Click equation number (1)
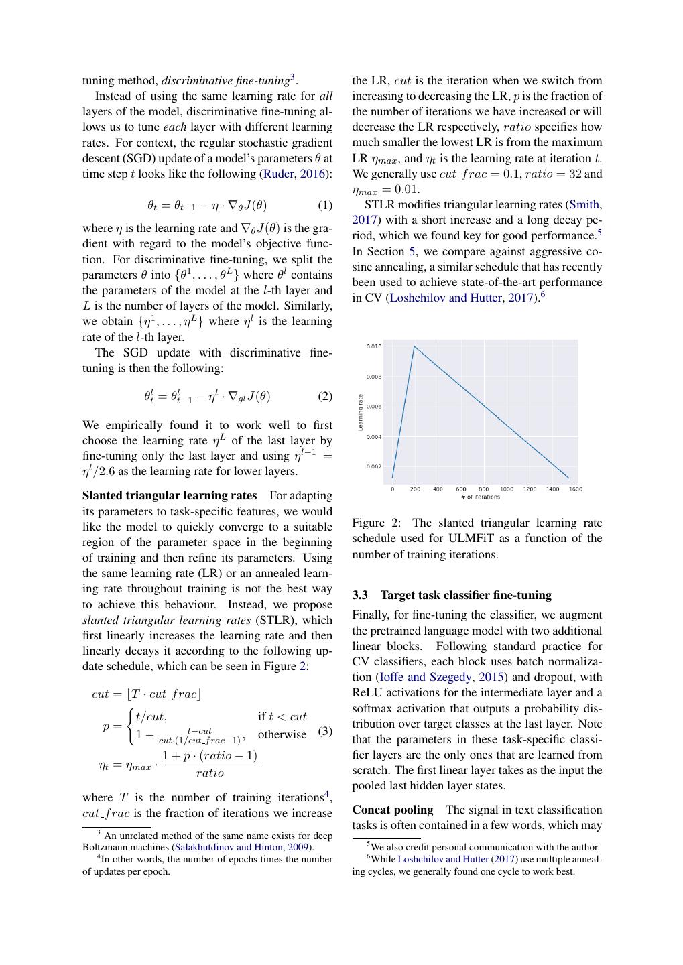[324, 205]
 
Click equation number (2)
[324, 396]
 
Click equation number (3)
[324, 731]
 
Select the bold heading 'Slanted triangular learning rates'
[170, 495]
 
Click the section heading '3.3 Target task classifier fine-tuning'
[452, 595]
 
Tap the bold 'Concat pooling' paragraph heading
[393, 810]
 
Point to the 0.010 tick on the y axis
[374, 346]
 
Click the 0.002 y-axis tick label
[374, 466]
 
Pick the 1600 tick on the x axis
[575, 489]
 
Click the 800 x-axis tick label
[483, 489]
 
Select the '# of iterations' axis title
[480, 497]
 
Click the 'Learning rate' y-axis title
[361, 411]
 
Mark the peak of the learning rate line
[414, 346]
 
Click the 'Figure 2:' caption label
[376, 523]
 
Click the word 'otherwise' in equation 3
[282, 734]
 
